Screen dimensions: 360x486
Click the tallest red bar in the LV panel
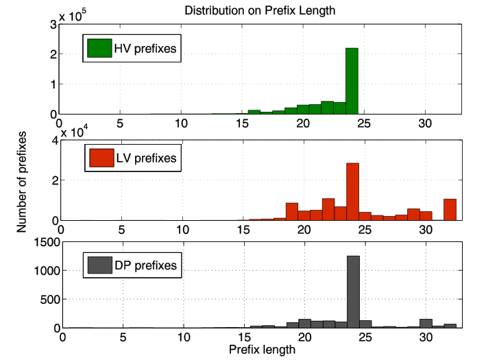pyautogui.click(x=352, y=192)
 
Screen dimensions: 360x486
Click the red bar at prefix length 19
pyautogui.click(x=292, y=212)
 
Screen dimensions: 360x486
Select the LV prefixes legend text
pyautogui.click(x=145, y=159)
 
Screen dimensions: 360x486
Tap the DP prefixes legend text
pyautogui.click(x=145, y=265)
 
